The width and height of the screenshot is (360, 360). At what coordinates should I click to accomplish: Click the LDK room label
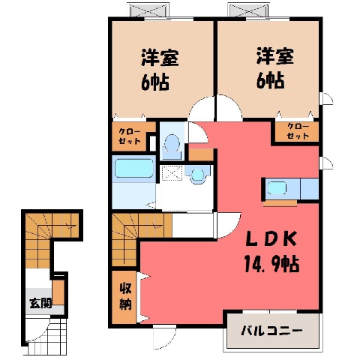[271, 239]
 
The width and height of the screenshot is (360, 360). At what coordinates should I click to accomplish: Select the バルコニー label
[271, 331]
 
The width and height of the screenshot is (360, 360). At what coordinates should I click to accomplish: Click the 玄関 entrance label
[40, 303]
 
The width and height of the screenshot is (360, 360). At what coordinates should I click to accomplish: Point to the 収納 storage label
[125, 296]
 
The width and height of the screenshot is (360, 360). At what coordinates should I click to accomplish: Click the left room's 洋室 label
[160, 58]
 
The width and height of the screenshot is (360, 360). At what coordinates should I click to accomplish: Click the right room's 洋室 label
[275, 56]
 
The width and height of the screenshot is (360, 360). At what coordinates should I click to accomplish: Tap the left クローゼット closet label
[130, 136]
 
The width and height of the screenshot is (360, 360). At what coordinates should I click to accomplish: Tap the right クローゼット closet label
[298, 130]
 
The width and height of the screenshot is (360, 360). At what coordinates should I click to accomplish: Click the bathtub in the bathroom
[134, 168]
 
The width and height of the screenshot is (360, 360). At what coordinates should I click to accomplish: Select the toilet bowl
[172, 143]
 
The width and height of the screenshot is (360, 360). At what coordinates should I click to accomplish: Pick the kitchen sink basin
[277, 188]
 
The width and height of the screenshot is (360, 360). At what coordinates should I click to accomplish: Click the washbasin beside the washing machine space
[199, 175]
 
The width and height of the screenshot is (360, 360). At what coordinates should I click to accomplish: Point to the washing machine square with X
[172, 173]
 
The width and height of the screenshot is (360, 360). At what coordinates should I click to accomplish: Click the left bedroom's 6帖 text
[155, 82]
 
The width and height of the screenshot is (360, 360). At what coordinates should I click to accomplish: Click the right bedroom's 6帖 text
[270, 80]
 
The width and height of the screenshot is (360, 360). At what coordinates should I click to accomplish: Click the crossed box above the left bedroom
[148, 10]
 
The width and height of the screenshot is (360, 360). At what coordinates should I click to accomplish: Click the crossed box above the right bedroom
[247, 10]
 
